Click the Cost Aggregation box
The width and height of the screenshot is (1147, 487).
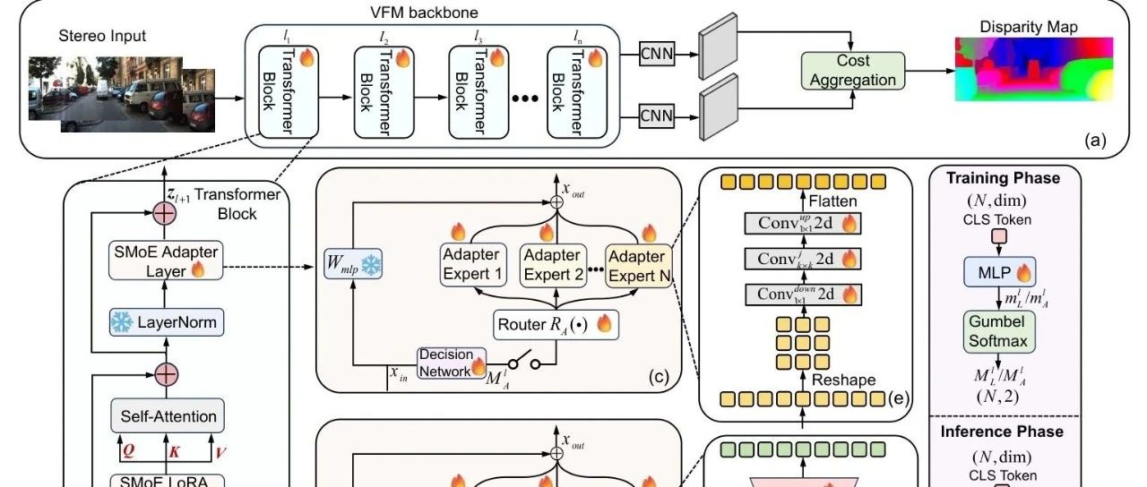coord(853,71)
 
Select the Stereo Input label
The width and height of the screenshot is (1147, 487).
coord(101,37)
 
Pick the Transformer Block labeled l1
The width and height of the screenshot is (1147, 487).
coord(277,90)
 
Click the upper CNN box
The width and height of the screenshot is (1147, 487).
coord(657,55)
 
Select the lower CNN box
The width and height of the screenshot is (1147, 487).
coord(657,114)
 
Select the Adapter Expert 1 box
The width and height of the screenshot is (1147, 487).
coord(470,264)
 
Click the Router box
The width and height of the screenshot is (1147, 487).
coord(556,323)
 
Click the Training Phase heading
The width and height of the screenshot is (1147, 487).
coord(1003,178)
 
